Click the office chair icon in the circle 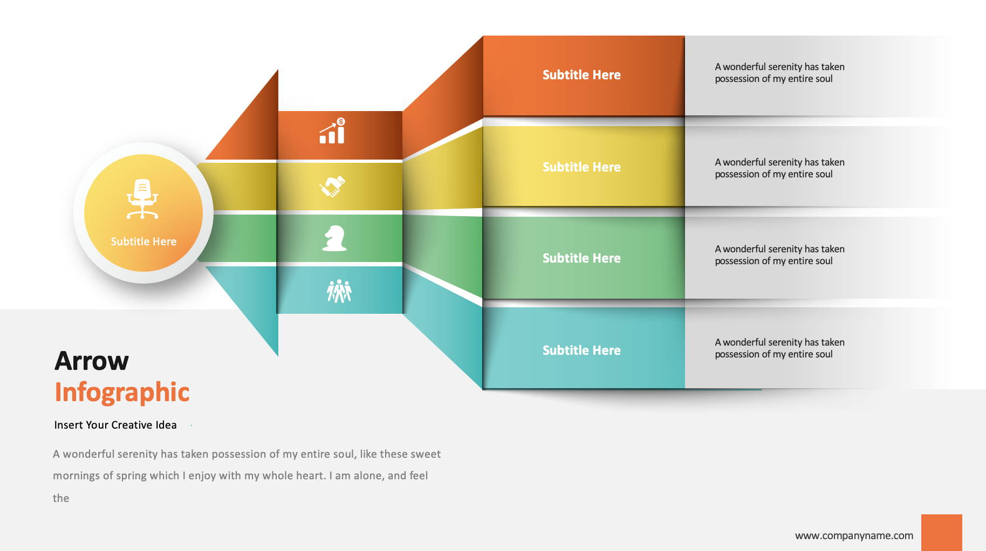[142, 199]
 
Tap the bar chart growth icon [332, 131]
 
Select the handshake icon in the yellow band [332, 187]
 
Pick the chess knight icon [334, 238]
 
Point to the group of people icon [339, 291]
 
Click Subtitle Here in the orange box [581, 75]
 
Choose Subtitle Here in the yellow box [581, 167]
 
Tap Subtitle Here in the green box [581, 258]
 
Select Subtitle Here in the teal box [581, 350]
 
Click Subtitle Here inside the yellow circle [143, 242]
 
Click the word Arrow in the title [92, 361]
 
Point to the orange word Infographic [122, 392]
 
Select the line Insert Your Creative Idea [115, 425]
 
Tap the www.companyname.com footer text [854, 535]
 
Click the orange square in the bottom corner [942, 533]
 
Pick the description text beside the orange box [779, 73]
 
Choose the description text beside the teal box [779, 348]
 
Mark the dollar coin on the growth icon [341, 122]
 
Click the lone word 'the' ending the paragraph [61, 498]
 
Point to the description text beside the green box [779, 255]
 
